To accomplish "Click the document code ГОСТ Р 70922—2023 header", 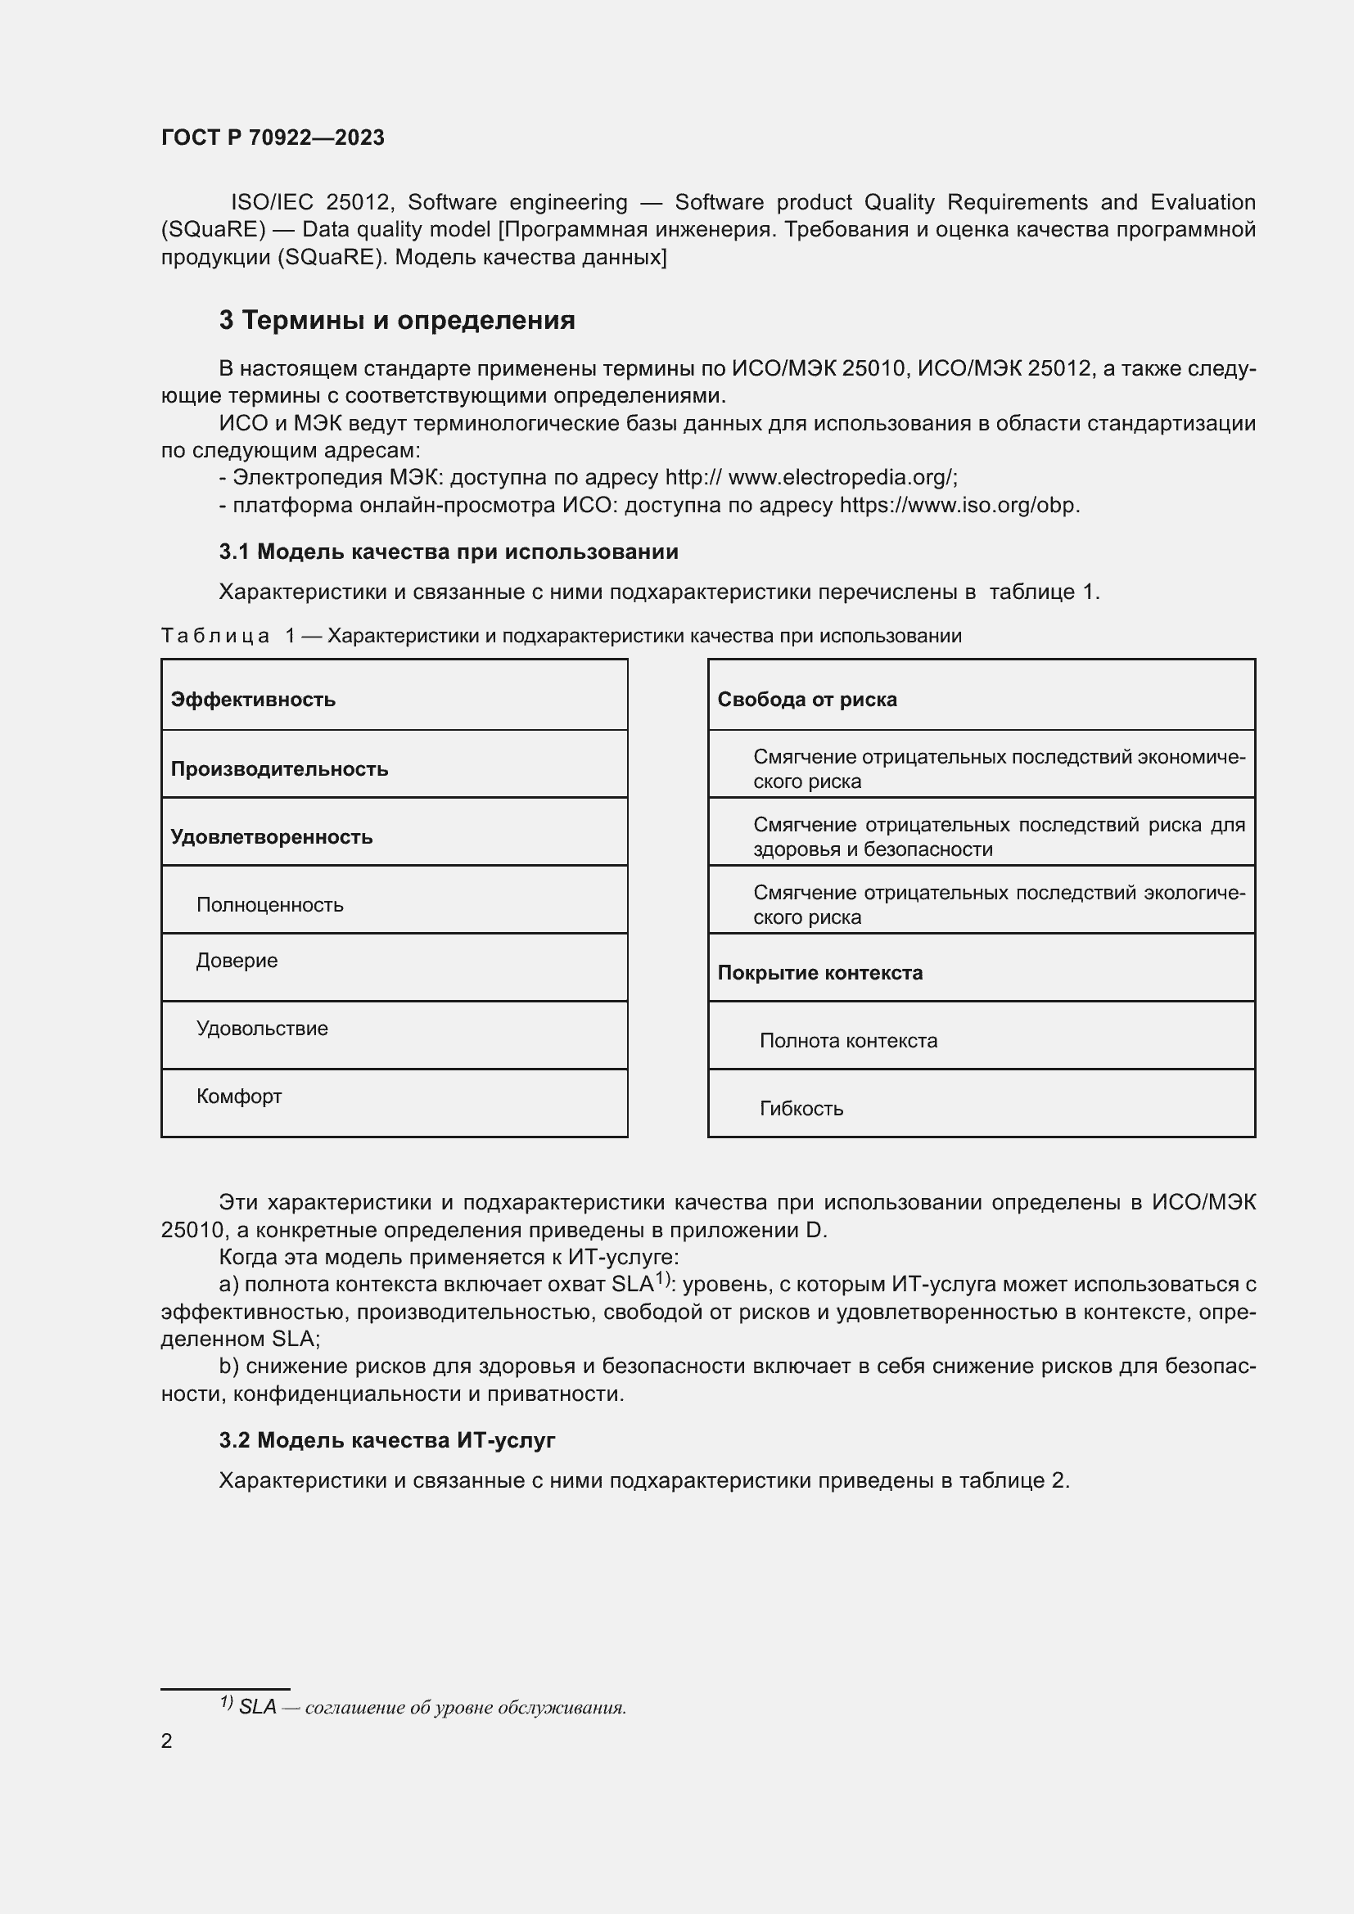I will tap(273, 137).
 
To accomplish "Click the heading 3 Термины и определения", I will tap(397, 320).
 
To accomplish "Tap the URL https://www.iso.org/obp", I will tap(959, 505).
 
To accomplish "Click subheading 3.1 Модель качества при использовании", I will tap(449, 552).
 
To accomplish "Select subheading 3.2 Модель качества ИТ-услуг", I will tap(387, 1440).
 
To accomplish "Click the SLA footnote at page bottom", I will tap(423, 1707).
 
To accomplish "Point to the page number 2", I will tap(167, 1741).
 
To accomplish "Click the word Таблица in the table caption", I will tap(215, 636).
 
